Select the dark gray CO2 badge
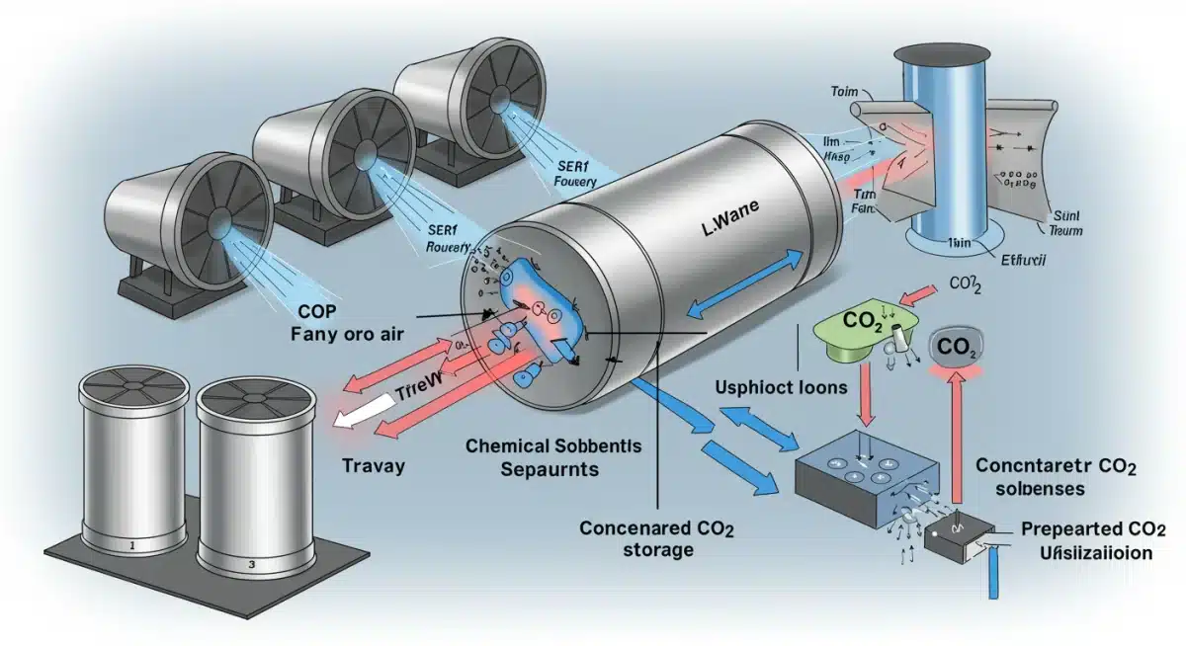click(x=956, y=349)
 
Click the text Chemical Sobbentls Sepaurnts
click(x=553, y=457)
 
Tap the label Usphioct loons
click(x=780, y=387)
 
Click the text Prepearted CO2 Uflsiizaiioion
click(x=1086, y=540)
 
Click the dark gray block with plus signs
click(x=866, y=473)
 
